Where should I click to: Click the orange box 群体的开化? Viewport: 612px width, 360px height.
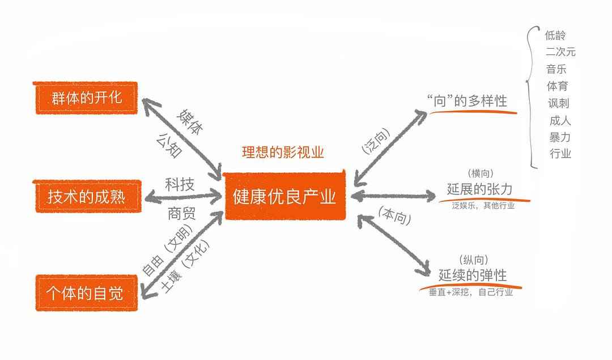(x=87, y=98)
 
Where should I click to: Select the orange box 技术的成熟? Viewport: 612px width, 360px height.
(x=87, y=197)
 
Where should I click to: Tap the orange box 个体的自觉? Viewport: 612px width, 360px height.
(x=87, y=293)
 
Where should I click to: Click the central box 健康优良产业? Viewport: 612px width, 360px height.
(x=284, y=196)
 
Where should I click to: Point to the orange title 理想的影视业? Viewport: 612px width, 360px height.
(x=283, y=152)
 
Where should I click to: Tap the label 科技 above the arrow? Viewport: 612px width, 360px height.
(x=180, y=184)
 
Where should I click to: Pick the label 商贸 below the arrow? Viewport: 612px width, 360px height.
(x=181, y=214)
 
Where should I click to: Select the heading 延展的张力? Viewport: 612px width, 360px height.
(x=479, y=189)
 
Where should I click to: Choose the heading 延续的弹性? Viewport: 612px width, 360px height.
(x=473, y=276)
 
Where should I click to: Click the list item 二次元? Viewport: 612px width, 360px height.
(x=560, y=52)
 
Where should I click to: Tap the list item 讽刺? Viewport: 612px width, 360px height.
(x=558, y=103)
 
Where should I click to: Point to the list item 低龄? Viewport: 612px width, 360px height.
(x=555, y=35)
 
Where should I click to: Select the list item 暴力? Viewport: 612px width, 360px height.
(x=559, y=137)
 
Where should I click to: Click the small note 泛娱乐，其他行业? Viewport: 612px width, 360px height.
(x=483, y=206)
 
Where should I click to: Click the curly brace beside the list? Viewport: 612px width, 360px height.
(x=532, y=96)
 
